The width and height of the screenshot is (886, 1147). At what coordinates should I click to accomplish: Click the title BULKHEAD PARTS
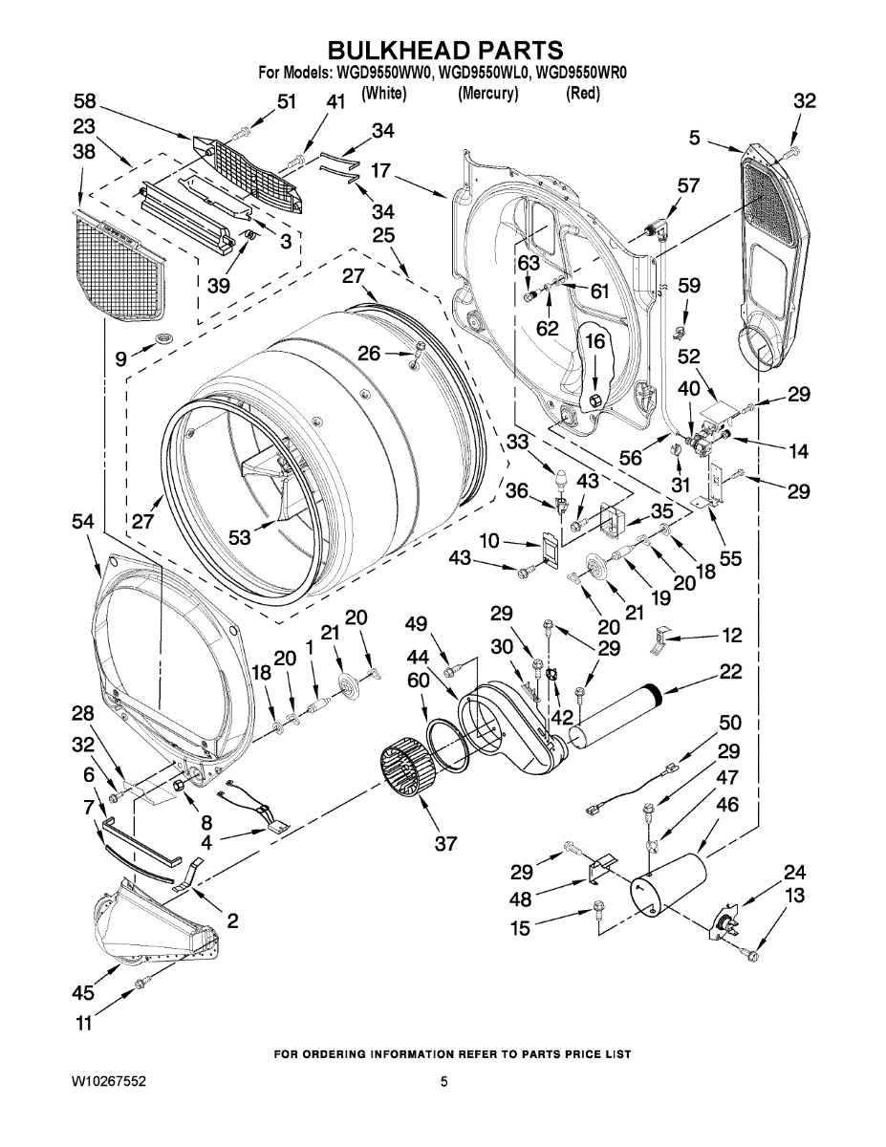pos(445,50)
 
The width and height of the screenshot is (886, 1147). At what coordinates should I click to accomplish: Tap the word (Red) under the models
pos(583,94)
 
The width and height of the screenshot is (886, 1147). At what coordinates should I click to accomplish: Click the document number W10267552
pos(108,1082)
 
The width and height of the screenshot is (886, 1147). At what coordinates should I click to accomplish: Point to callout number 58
pos(85,100)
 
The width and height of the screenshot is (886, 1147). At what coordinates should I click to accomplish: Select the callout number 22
pos(730,671)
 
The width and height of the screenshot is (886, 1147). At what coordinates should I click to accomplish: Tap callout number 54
pos(83,522)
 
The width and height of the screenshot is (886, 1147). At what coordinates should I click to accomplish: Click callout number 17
pos(380,170)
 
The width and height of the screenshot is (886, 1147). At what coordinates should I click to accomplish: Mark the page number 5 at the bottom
pos(443,1082)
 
